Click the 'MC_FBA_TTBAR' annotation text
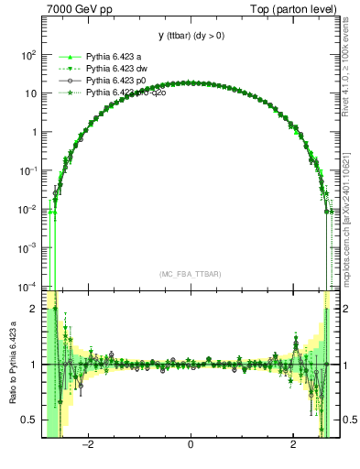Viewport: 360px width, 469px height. pyautogui.click(x=190, y=274)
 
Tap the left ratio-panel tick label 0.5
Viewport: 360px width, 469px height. pyautogui.click(x=29, y=420)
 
